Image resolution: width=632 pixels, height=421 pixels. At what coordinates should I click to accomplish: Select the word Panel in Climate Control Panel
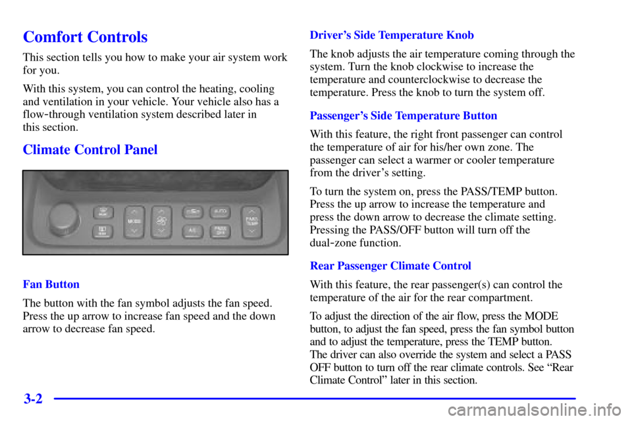click(140, 149)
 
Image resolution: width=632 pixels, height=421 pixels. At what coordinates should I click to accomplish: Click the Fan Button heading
click(51, 285)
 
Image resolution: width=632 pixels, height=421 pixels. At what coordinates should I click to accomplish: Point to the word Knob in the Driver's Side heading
click(461, 35)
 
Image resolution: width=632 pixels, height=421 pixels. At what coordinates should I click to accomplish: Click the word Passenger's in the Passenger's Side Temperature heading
click(338, 116)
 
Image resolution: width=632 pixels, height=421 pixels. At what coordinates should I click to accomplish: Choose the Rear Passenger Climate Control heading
click(390, 266)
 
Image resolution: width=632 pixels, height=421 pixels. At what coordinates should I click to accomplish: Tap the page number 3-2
click(32, 399)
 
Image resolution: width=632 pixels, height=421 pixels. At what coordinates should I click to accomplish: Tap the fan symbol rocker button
click(161, 221)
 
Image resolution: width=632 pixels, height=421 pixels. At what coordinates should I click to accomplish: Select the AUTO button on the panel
click(220, 212)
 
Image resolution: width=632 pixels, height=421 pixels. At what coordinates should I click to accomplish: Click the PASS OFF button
click(220, 231)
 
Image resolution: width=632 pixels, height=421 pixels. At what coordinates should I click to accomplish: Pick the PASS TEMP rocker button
click(251, 221)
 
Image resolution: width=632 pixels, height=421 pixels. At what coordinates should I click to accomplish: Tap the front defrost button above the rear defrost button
click(103, 211)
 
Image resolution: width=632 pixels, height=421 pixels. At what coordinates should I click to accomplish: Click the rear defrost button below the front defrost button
click(103, 231)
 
